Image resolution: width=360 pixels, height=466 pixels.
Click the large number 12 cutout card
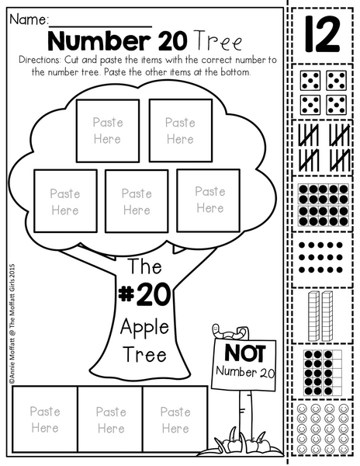[x=322, y=34]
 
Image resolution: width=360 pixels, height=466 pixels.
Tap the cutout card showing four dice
[x=323, y=92]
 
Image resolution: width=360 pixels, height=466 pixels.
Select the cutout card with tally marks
[x=323, y=148]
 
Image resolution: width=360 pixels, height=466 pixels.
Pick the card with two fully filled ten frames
[x=323, y=203]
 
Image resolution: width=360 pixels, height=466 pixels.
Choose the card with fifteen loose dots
[x=323, y=259]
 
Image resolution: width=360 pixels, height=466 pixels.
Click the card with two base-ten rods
[x=323, y=316]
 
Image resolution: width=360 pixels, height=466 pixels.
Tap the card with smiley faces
[x=323, y=428]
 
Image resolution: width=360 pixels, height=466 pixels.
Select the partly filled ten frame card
[x=323, y=372]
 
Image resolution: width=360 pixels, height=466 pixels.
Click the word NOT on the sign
[x=245, y=353]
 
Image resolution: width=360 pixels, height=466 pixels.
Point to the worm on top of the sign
[x=230, y=332]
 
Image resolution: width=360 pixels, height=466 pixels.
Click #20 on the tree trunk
[x=144, y=294]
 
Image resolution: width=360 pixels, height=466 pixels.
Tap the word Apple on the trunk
[x=144, y=328]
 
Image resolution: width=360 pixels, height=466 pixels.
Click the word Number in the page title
[x=101, y=41]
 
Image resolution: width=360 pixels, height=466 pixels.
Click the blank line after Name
[x=101, y=26]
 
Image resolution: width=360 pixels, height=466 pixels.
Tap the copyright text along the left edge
[x=12, y=323]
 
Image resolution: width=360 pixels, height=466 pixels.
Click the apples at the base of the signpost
[x=246, y=444]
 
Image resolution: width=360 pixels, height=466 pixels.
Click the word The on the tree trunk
[x=145, y=266]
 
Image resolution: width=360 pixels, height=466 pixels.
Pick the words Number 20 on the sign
[x=245, y=372]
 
